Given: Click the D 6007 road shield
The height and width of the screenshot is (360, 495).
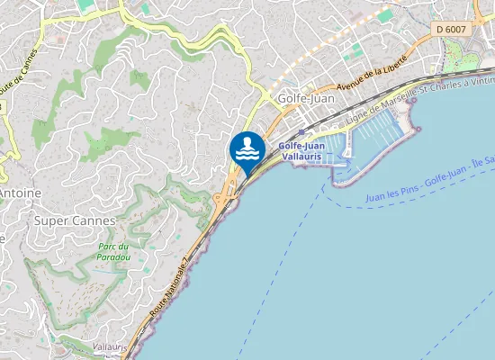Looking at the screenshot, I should pos(452,30).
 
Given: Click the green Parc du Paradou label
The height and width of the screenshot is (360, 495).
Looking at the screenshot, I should pos(115,252).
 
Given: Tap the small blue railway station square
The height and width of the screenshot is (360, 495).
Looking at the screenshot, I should pos(301,131).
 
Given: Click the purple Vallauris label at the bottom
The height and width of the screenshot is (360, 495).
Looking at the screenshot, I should pos(109,346).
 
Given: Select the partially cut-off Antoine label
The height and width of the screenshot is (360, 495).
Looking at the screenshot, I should pos(18,193).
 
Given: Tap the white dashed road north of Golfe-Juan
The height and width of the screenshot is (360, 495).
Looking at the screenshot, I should pos(315,58).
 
